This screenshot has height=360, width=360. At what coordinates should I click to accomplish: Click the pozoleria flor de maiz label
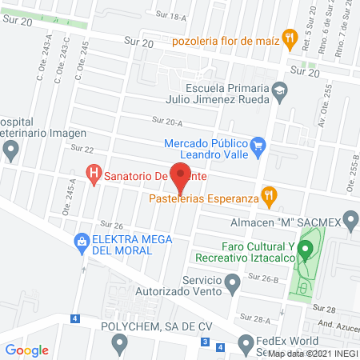[x=231, y=40]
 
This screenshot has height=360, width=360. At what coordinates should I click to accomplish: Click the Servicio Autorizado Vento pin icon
[x=232, y=281]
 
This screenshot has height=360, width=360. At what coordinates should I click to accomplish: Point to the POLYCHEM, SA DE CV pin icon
[x=120, y=344]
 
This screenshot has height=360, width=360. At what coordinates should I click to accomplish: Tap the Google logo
[x=27, y=350]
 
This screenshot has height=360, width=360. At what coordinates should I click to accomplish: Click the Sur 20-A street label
[x=167, y=121]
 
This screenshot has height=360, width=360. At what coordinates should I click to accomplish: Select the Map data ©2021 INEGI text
[x=313, y=354]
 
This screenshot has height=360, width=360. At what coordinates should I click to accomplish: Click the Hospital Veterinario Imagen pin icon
[x=10, y=148]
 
